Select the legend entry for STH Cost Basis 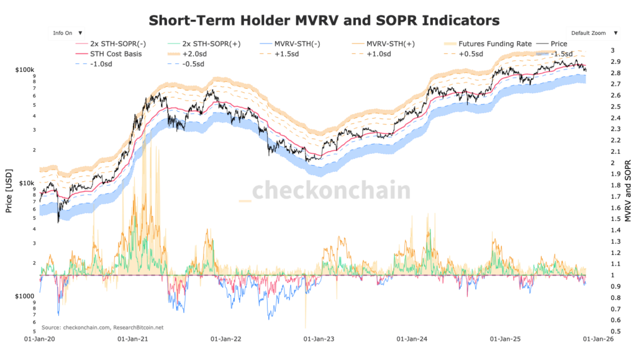pyautogui.click(x=116, y=54)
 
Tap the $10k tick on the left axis pyautogui.click(x=28, y=183)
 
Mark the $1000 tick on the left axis pyautogui.click(x=25, y=297)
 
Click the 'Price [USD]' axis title pyautogui.click(x=9, y=191)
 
